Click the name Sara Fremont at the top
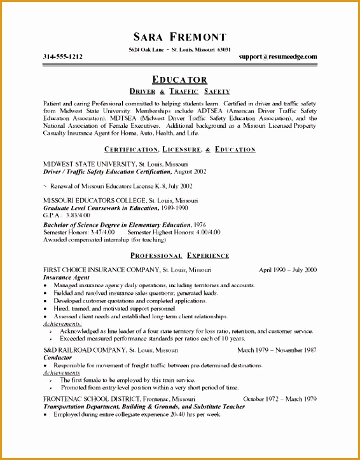click(180, 36)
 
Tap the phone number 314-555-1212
click(62, 57)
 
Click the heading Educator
click(180, 79)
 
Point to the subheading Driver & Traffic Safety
click(180, 91)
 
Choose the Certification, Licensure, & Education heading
click(180, 149)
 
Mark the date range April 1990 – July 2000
click(287, 270)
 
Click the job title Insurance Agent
click(66, 278)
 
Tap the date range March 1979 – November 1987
click(277, 350)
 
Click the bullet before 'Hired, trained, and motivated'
click(46, 308)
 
